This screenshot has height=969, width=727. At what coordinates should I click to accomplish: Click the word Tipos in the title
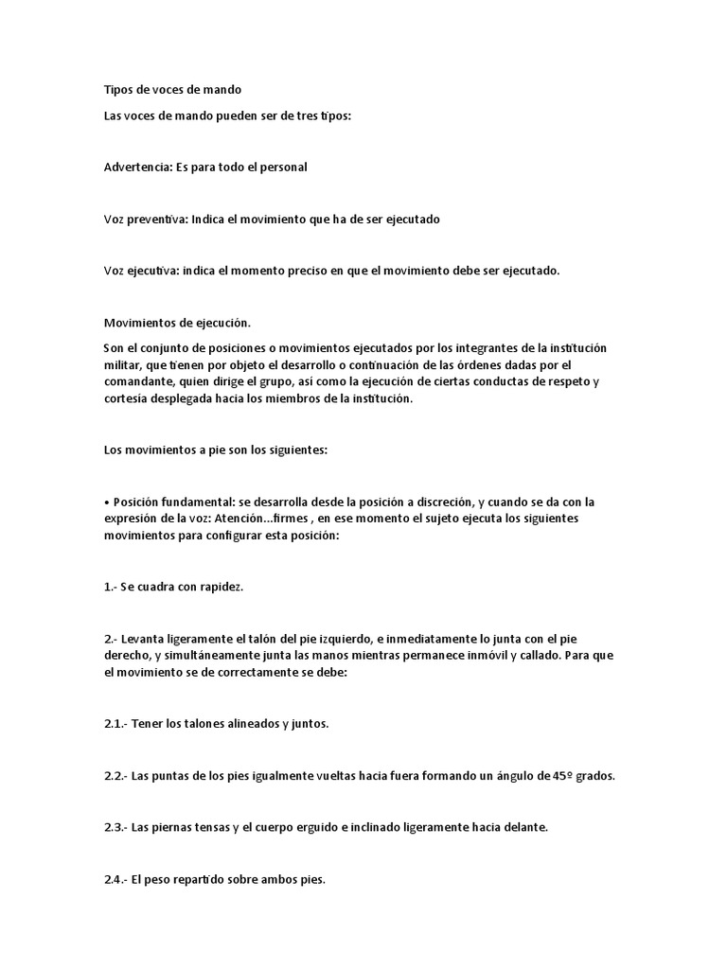coord(118,90)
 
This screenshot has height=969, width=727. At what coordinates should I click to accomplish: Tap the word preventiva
coord(155,219)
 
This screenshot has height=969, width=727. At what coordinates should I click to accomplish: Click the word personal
coord(284,167)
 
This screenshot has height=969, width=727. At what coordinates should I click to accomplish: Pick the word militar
coord(121,365)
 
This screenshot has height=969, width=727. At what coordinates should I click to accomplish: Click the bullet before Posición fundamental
coord(106,502)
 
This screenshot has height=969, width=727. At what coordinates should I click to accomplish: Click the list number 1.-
coord(110,587)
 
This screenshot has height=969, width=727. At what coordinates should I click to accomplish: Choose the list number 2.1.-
coord(115,724)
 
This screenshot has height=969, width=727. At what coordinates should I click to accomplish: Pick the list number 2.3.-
coord(115,828)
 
